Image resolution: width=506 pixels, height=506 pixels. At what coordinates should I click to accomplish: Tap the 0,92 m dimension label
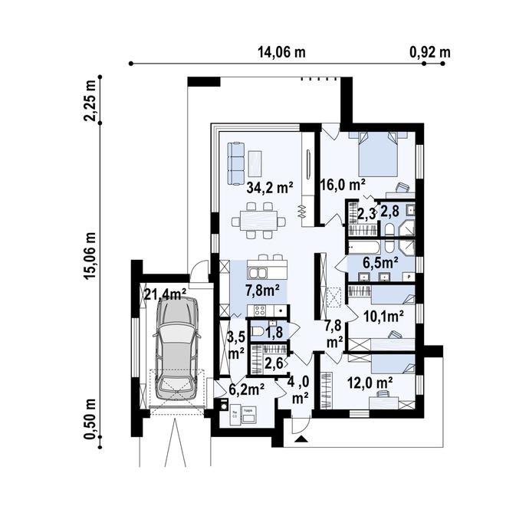pyautogui.click(x=430, y=52)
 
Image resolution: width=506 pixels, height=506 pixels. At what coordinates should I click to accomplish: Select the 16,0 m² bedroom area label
pyautogui.click(x=342, y=184)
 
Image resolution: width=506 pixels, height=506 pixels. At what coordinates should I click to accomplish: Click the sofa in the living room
pyautogui.click(x=235, y=159)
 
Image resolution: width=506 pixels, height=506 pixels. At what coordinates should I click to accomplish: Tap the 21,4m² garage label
pyautogui.click(x=166, y=294)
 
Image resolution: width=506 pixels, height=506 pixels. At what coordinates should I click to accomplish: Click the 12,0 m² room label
pyautogui.click(x=371, y=381)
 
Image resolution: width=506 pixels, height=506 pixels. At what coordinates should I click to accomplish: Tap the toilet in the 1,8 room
pyautogui.click(x=259, y=332)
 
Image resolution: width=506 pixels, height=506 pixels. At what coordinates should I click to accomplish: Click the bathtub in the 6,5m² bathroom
pyautogui.click(x=365, y=247)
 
